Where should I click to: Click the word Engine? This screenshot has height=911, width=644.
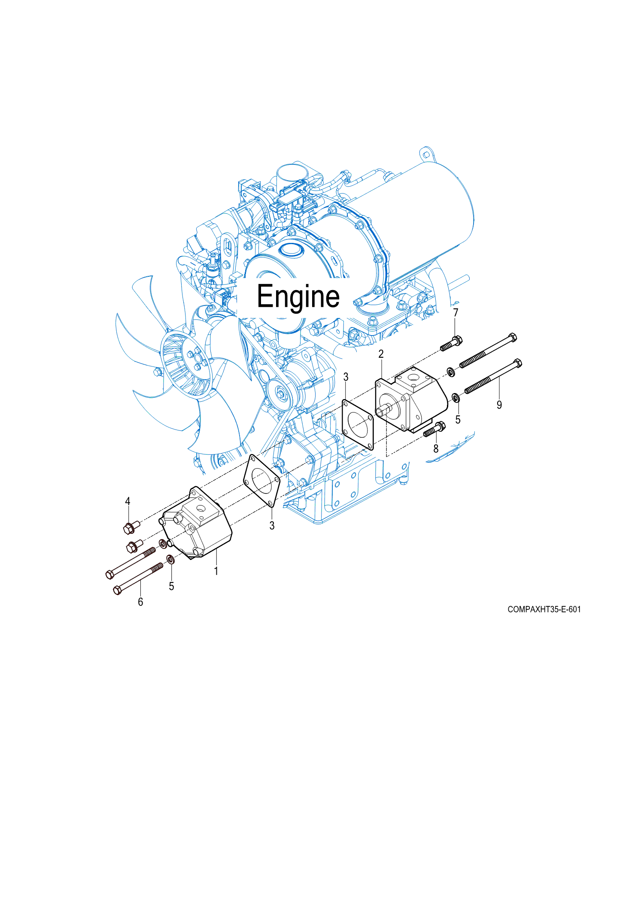pos(298,297)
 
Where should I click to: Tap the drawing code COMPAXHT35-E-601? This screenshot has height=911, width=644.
pos(544,609)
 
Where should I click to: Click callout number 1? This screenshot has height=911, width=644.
pos(216,571)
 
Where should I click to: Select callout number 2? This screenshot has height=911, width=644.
pos(381,354)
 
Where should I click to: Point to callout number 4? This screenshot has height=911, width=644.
pos(128,501)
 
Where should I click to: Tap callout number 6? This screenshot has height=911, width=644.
pos(140,602)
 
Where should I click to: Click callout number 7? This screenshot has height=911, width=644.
pos(456,313)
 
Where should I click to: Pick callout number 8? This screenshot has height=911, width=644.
pos(436,449)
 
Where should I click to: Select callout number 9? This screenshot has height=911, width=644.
pos(499,405)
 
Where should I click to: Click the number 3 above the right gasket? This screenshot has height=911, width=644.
pos(346,377)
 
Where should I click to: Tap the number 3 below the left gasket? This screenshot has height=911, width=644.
pos(272,526)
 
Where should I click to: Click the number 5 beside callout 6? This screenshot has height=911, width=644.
pos(171,587)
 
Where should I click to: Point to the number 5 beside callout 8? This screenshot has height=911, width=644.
pos(458,420)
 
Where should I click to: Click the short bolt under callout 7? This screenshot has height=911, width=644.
pos(451,344)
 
